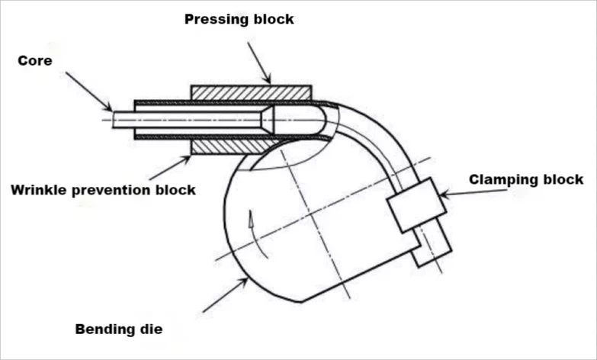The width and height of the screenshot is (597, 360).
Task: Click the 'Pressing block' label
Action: coord(239,19)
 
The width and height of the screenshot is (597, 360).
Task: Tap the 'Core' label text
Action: coord(35,60)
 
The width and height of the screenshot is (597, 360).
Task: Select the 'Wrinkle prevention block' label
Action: coord(103,190)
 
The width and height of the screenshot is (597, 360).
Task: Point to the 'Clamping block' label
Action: coord(526,179)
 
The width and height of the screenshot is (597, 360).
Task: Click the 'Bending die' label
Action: coord(119,329)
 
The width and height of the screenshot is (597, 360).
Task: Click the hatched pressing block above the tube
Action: coord(252,93)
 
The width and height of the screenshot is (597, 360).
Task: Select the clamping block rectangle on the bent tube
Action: coord(416,205)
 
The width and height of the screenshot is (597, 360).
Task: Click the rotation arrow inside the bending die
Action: coord(255,233)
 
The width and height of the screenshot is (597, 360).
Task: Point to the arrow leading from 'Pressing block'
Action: coord(259,63)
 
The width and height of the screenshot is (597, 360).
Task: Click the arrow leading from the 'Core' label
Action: coord(88,92)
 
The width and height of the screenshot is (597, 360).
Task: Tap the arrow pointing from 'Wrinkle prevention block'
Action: coord(170,168)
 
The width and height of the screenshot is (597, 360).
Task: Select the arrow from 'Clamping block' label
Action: coord(473,192)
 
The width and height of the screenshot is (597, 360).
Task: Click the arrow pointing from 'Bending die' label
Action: coord(225,295)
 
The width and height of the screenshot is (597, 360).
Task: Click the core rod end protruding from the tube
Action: coord(124,120)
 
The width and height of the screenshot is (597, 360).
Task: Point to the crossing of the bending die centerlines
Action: coord(311,214)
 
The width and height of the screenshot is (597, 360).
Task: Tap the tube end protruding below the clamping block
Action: coord(432,243)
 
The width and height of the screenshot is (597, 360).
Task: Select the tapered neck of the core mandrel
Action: coord(268,120)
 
